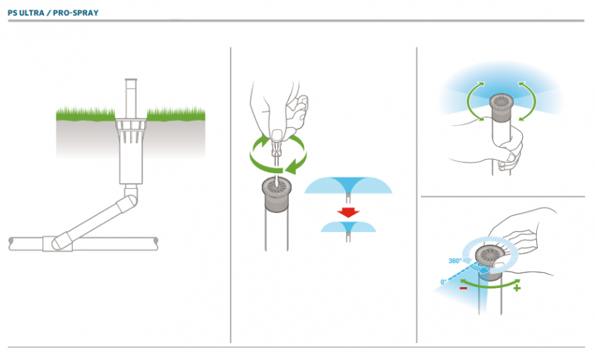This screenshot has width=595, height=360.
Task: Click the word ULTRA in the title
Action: pyautogui.click(x=32, y=13)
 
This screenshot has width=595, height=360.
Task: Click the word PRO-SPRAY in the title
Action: pyautogui.click(x=76, y=13)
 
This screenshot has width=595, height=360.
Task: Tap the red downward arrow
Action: pyautogui.click(x=348, y=212)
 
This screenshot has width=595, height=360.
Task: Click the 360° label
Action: pyautogui.click(x=454, y=260)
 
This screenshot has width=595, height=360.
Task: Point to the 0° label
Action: pyautogui.click(x=443, y=282)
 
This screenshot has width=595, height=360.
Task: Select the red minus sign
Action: pyautogui.click(x=463, y=289)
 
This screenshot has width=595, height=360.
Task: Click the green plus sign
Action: pyautogui.click(x=516, y=289)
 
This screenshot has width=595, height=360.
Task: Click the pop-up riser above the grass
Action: pyautogui.click(x=131, y=99)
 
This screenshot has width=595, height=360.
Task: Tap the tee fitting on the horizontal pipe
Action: pyautogui.click(x=57, y=243)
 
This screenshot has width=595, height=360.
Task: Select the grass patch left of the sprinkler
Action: pyautogui.click(x=86, y=115)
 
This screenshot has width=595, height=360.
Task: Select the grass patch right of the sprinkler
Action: pyautogui.click(x=176, y=114)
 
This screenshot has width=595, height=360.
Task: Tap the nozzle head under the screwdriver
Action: pyautogui.click(x=276, y=195)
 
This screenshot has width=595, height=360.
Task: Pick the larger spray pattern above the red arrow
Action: pyautogui.click(x=348, y=185)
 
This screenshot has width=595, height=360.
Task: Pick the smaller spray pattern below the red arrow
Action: pyautogui.click(x=348, y=227)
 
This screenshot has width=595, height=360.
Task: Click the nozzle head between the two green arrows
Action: pyautogui.click(x=501, y=108)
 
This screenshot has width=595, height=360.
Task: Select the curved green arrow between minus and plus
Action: pyautogui.click(x=490, y=285)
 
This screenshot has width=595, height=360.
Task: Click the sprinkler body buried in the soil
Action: pyautogui.click(x=131, y=152)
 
